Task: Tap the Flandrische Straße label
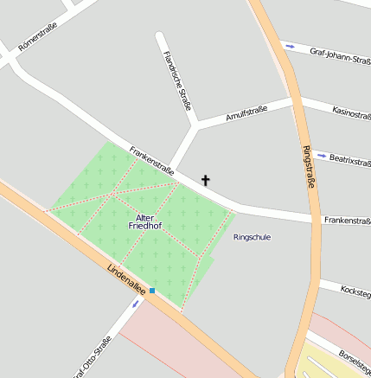pyautogui.click(x=176, y=80)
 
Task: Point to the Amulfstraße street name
pyautogui.click(x=246, y=113)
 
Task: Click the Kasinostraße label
pyautogui.click(x=351, y=112)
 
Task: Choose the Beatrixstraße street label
pyautogui.click(x=350, y=161)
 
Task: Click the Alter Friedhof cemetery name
pyautogui.click(x=144, y=221)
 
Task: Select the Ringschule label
pyautogui.click(x=252, y=237)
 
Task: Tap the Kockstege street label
pyautogui.click(x=356, y=291)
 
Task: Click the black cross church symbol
pyautogui.click(x=206, y=181)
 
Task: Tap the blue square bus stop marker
pyautogui.click(x=152, y=291)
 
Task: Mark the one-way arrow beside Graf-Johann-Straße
pyautogui.click(x=290, y=46)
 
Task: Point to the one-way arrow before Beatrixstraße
pyautogui.click(x=322, y=156)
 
